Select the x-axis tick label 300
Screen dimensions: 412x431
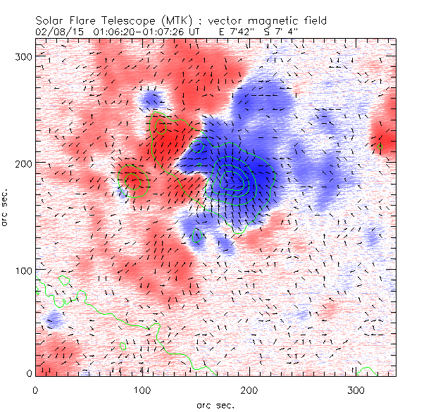pyautogui.click(x=356, y=389)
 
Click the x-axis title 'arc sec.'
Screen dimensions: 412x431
pyautogui.click(x=216, y=404)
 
